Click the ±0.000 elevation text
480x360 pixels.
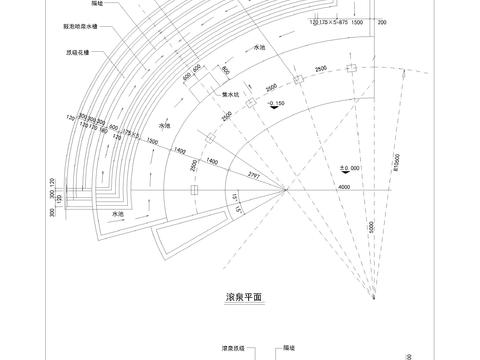coord(348,140)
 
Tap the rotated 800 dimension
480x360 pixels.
coord(226,70)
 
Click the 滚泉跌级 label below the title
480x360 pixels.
coord(234,349)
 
